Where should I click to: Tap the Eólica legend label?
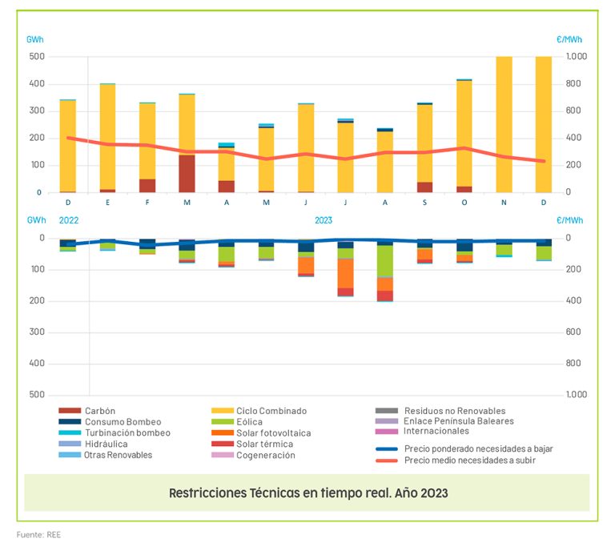[x=249, y=422]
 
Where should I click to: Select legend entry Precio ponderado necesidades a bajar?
[x=478, y=449]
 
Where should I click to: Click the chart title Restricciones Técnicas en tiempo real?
[x=307, y=493]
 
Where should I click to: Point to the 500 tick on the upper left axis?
[x=36, y=57]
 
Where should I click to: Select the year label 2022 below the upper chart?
[x=69, y=219]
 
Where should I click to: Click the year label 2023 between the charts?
[x=324, y=219]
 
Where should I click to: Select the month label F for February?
[x=147, y=203]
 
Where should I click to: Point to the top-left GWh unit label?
[x=35, y=38]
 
